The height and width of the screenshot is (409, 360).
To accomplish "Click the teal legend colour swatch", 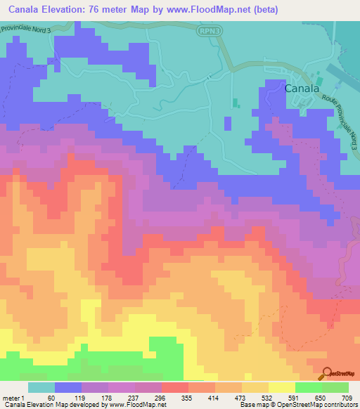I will [41, 387].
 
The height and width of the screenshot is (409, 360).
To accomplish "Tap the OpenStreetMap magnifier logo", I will [328, 373].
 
